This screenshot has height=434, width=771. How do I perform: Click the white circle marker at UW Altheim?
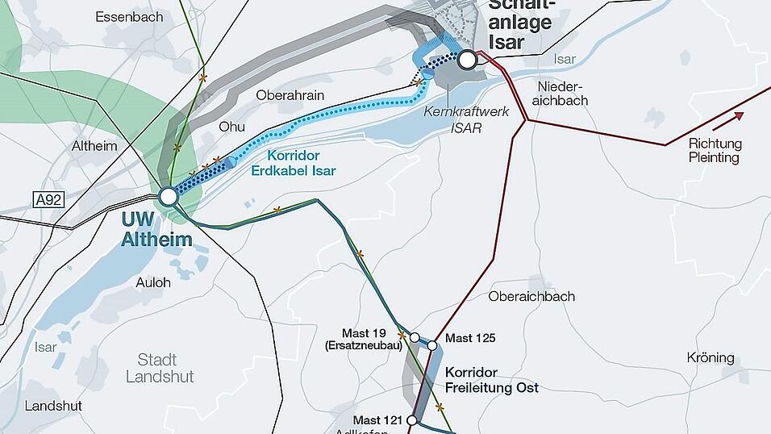168,196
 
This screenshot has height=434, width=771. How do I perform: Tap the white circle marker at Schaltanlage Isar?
467,58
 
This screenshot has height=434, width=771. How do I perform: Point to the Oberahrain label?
290,95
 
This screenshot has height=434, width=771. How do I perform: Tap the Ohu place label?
232,127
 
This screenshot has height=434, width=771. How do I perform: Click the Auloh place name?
153,283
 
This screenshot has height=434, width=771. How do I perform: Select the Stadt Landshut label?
160,368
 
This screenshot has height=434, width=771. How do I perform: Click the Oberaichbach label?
531,296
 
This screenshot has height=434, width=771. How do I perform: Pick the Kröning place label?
711,357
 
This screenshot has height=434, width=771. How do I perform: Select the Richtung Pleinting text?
715,150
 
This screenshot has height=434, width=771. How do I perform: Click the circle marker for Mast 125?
432,346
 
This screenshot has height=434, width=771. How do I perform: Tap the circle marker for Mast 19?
415,337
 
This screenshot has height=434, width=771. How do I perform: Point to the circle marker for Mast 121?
412,420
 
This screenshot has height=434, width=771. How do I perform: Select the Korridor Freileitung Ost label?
491,380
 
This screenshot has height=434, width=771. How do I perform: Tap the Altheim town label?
94,146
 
